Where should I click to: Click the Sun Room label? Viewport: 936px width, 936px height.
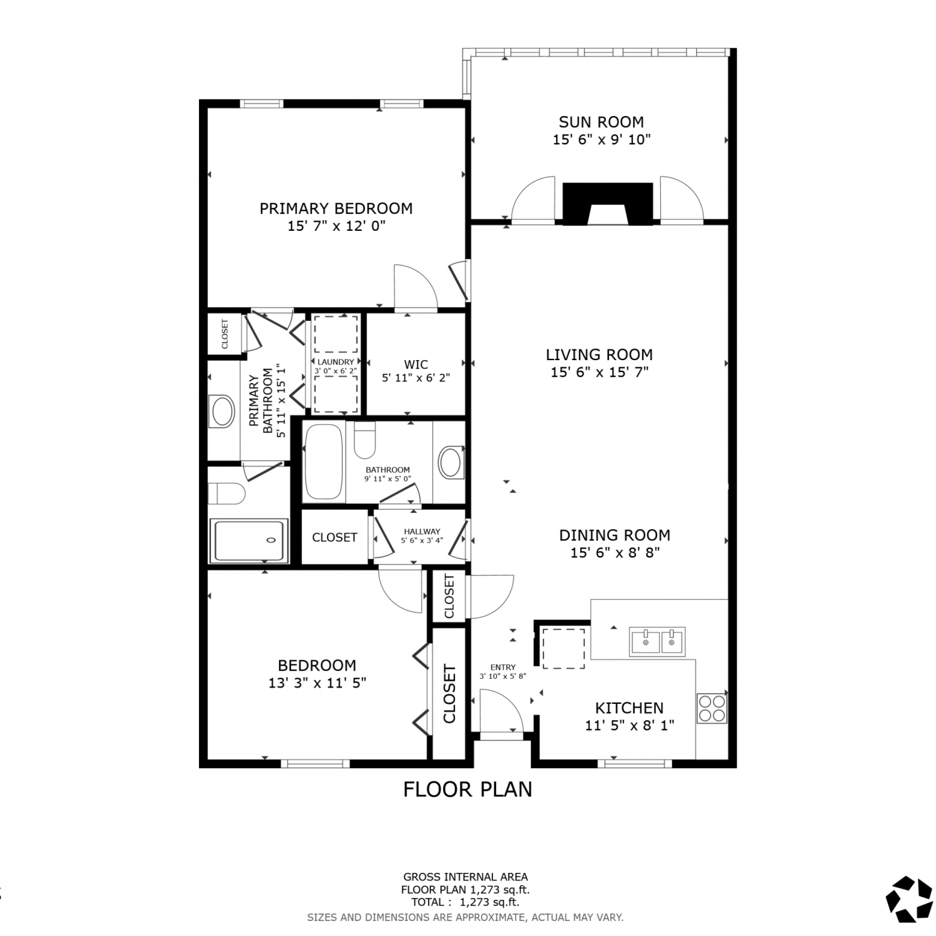tap(602, 122)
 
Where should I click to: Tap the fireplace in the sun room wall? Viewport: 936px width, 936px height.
tap(608, 203)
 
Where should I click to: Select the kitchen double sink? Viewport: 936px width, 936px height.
tap(657, 641)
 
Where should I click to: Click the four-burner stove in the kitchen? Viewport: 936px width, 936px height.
tap(712, 708)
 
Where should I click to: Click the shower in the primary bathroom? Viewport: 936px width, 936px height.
tap(249, 540)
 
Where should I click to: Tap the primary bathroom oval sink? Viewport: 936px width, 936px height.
tap(223, 411)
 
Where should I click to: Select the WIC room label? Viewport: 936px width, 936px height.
tap(416, 364)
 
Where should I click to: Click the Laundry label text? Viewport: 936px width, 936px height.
tap(336, 362)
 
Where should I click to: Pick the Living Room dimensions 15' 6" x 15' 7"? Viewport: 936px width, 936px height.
tap(600, 373)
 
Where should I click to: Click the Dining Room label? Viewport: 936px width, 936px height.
tap(615, 535)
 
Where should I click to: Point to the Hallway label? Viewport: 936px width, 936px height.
tap(422, 532)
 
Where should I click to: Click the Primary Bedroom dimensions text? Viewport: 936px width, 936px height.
tap(336, 226)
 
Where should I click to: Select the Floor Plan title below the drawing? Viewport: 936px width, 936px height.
tap(467, 789)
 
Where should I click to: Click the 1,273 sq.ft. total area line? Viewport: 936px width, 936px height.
tap(465, 901)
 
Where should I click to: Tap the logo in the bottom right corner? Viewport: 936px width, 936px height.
tap(909, 899)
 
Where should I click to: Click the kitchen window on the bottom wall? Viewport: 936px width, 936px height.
tap(635, 763)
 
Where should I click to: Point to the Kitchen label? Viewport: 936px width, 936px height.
tap(629, 708)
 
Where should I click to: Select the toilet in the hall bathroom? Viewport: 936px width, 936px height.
tap(364, 440)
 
